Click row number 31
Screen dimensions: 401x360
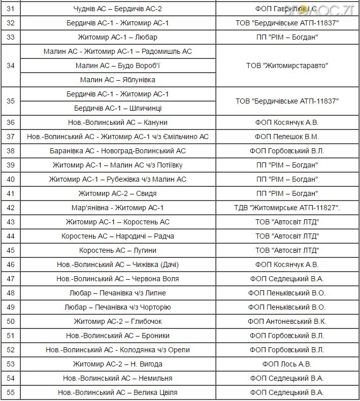(11, 9)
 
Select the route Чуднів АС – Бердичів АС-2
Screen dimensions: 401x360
(117, 9)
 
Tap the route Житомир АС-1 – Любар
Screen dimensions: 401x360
(117, 37)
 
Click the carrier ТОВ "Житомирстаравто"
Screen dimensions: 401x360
(287, 65)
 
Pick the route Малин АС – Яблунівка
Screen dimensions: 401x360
(117, 80)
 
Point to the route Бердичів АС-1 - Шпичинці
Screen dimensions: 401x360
(117, 108)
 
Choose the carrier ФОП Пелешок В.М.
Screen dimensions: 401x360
(287, 137)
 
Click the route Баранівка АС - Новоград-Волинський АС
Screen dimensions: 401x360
(117, 151)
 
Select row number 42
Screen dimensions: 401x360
(11, 208)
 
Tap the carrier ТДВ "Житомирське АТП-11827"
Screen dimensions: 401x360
(287, 208)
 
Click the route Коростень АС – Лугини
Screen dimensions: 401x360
(117, 250)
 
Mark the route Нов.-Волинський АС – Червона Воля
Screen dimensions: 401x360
(117, 279)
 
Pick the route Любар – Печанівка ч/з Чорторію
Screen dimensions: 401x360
(117, 307)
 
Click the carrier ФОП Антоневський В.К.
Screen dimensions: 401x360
(287, 321)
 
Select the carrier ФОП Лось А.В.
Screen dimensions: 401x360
(287, 364)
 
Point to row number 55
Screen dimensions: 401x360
(11, 392)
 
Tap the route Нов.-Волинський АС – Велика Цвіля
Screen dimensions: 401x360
(117, 392)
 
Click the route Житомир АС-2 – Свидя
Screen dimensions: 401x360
(117, 193)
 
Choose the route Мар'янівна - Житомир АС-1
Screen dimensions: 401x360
(117, 208)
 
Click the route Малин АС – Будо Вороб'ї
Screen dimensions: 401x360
(117, 65)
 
